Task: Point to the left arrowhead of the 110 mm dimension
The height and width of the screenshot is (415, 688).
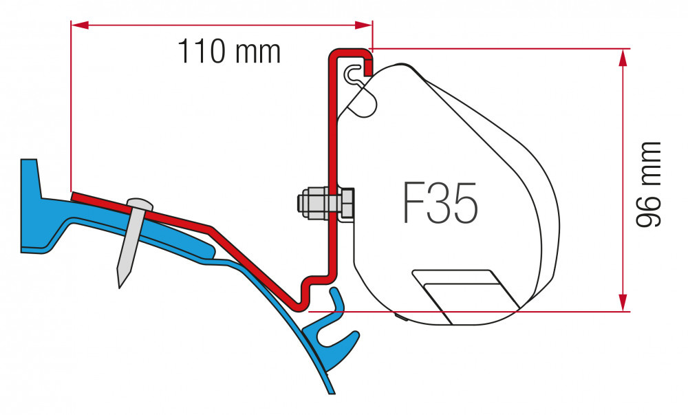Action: pyautogui.click(x=77, y=25)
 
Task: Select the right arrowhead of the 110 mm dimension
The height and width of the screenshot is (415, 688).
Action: pyautogui.click(x=365, y=25)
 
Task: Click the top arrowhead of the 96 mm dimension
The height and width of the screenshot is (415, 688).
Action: pyautogui.click(x=623, y=56)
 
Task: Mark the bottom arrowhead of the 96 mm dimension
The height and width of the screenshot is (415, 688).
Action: pyautogui.click(x=623, y=303)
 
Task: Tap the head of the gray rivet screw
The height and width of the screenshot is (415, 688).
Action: pyautogui.click(x=140, y=204)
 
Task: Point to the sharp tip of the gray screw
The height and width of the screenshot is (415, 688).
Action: pyautogui.click(x=121, y=284)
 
